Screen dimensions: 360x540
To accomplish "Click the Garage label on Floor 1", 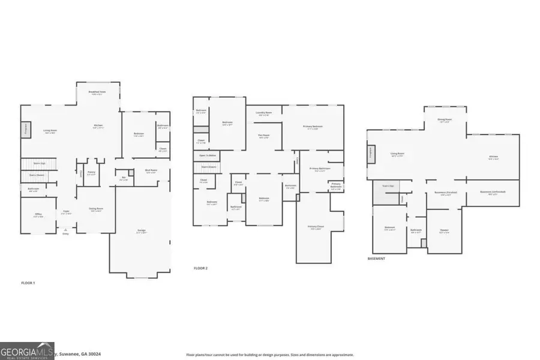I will coord(142,232).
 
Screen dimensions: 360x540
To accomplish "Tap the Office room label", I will coord(37,216).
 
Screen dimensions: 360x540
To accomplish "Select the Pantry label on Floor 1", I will coord(91,174).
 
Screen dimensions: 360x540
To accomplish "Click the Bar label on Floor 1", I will coord(124,178).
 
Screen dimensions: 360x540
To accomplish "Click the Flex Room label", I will coord(263,136).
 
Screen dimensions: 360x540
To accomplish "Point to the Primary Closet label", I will coord(316,227).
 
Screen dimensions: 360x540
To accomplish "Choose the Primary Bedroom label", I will coord(313,127).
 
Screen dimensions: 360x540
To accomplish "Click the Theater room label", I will coord(444,231).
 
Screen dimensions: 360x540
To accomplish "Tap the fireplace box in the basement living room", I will coord(372,154).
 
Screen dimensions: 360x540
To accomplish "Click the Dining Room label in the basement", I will coord(445,120).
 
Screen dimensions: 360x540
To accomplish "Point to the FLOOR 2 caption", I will coord(200,268).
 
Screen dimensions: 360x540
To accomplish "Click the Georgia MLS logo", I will coord(28,350).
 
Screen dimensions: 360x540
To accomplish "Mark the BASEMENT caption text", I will coord(376,259).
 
